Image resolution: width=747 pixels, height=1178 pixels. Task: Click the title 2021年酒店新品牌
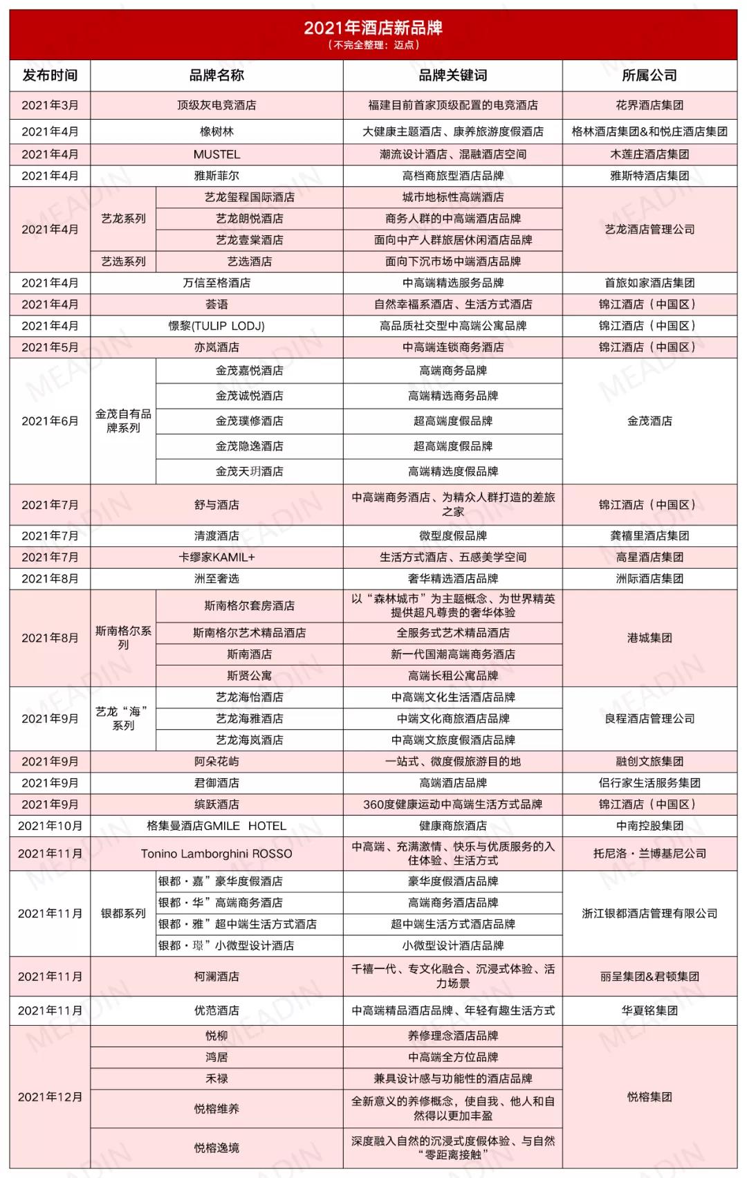373,28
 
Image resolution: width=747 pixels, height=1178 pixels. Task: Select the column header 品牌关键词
452,75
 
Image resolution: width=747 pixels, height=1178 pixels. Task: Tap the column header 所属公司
649,75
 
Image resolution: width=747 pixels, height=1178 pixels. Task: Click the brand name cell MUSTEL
216,154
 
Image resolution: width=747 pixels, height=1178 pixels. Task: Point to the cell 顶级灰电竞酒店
216,105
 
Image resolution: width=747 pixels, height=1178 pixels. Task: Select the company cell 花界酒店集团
649,105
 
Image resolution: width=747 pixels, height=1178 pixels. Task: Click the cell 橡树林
216,131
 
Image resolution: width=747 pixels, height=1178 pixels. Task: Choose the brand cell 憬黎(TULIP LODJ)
216,326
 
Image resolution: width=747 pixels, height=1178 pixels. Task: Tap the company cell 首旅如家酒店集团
649,283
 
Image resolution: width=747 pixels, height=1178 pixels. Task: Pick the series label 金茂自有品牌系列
123,421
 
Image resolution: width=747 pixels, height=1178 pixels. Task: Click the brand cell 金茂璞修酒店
249,421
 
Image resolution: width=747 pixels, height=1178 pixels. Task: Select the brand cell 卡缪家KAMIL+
216,557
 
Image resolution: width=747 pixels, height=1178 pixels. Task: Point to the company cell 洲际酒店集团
649,578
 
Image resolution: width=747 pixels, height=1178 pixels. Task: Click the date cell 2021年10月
50,826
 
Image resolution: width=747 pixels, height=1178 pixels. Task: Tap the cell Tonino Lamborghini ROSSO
216,854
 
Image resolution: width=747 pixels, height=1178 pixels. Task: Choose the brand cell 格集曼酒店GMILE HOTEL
216,826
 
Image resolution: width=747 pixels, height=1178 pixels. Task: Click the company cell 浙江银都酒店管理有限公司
649,913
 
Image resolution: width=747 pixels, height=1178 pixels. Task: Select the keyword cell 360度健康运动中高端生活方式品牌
452,804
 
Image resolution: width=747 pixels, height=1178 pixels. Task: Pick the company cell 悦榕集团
649,1097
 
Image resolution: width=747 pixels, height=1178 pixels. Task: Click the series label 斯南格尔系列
123,638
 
